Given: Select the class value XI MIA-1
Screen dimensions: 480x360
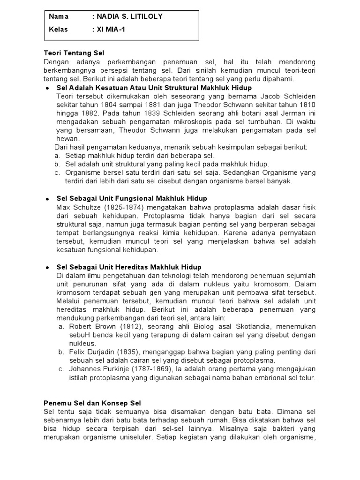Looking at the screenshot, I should [112, 30].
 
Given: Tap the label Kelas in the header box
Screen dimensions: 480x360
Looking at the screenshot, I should [58, 30].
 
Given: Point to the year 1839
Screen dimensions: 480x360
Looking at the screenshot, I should [137, 113].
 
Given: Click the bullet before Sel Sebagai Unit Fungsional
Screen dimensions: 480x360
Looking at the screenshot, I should [47, 199].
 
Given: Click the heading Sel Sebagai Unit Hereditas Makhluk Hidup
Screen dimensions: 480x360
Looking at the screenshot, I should [129, 267].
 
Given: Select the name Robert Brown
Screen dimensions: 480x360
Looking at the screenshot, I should [87, 326].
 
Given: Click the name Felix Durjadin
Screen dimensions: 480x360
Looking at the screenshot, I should [88, 352].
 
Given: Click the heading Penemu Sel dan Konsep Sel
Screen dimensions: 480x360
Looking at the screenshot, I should [92, 403].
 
